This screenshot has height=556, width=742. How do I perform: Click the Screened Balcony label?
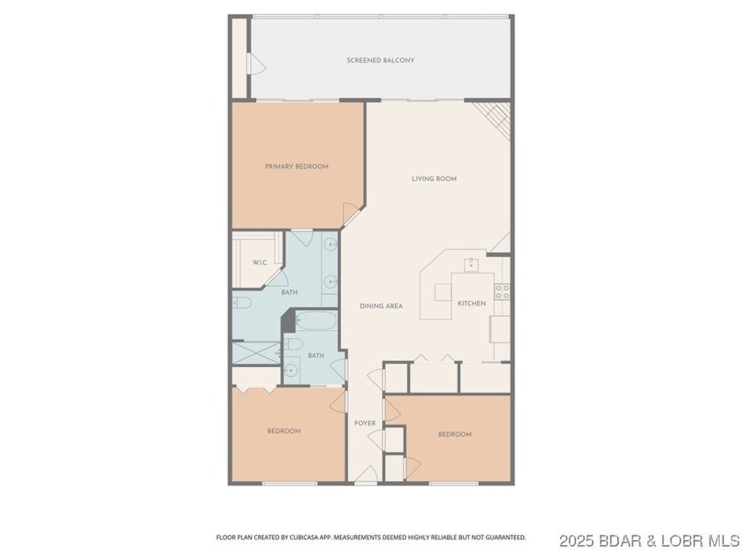pyautogui.click(x=380, y=60)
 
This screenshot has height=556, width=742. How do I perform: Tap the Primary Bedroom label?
pyautogui.click(x=297, y=167)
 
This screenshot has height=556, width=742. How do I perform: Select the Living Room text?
pyautogui.click(x=434, y=178)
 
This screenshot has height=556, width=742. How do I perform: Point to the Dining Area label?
pyautogui.click(x=382, y=306)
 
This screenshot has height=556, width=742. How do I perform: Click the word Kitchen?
pyautogui.click(x=472, y=304)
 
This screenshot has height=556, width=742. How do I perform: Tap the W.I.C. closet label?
pyautogui.click(x=260, y=263)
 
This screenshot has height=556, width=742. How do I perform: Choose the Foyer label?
pyautogui.click(x=365, y=424)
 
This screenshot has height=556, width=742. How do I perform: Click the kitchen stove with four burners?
pyautogui.click(x=502, y=291)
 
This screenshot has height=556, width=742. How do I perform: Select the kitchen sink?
pyautogui.click(x=473, y=263)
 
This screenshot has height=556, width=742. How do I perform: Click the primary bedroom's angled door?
pyautogui.click(x=352, y=212)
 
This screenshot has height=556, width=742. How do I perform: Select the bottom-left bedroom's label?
pyautogui.click(x=284, y=432)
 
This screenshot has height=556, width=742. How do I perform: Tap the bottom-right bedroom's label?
pyautogui.click(x=455, y=434)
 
